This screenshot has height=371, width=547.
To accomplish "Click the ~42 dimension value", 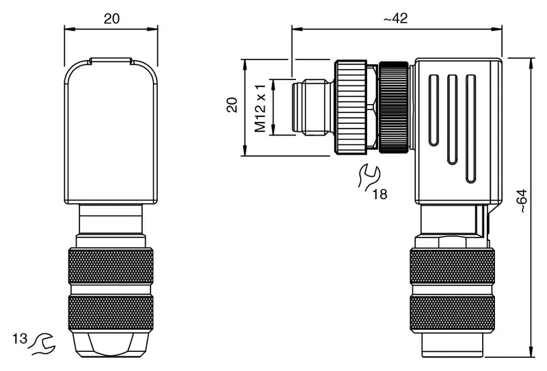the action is click(x=395, y=18).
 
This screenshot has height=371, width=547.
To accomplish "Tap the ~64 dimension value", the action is click(x=522, y=201).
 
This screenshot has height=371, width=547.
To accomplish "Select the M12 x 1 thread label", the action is click(x=261, y=108).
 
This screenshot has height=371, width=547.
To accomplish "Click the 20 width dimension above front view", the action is click(x=111, y=18).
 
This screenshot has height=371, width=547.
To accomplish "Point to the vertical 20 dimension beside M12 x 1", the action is click(x=232, y=105).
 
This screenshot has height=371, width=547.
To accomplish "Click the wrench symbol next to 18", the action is click(x=369, y=177).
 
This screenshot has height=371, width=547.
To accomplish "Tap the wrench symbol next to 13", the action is click(x=42, y=344).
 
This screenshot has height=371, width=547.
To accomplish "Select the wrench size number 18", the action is click(x=380, y=194).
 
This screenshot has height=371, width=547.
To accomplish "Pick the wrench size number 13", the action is click(x=20, y=339).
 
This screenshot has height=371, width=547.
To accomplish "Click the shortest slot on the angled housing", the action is click(x=433, y=110).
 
